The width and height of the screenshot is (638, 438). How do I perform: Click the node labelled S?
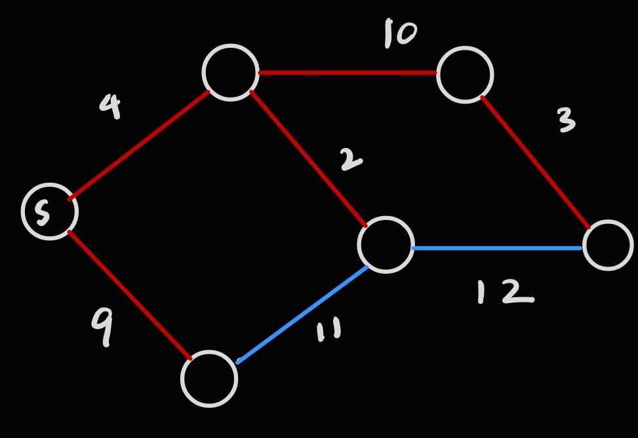(50, 211)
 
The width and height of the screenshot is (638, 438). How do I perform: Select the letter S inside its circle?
(42, 213)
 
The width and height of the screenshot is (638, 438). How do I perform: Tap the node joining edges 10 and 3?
(465, 75)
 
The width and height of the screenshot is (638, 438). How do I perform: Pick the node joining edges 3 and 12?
(608, 246)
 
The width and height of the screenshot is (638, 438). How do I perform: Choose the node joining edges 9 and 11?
(209, 378)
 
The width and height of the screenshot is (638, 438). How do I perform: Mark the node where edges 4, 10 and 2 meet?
(231, 72)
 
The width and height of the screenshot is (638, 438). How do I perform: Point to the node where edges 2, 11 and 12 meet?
(386, 245)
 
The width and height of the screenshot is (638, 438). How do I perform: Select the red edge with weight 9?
(130, 295)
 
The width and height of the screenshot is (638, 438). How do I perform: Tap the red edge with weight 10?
(348, 73)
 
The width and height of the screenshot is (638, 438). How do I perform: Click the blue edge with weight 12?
(496, 248)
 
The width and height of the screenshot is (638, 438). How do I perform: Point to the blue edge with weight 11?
(302, 314)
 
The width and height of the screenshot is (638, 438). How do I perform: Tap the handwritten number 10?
(400, 33)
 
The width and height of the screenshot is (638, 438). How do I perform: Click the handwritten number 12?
(505, 292)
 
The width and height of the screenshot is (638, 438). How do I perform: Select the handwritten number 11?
(329, 331)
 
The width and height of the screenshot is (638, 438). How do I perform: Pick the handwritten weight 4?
(111, 106)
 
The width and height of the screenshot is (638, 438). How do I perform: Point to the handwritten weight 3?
(565, 120)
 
